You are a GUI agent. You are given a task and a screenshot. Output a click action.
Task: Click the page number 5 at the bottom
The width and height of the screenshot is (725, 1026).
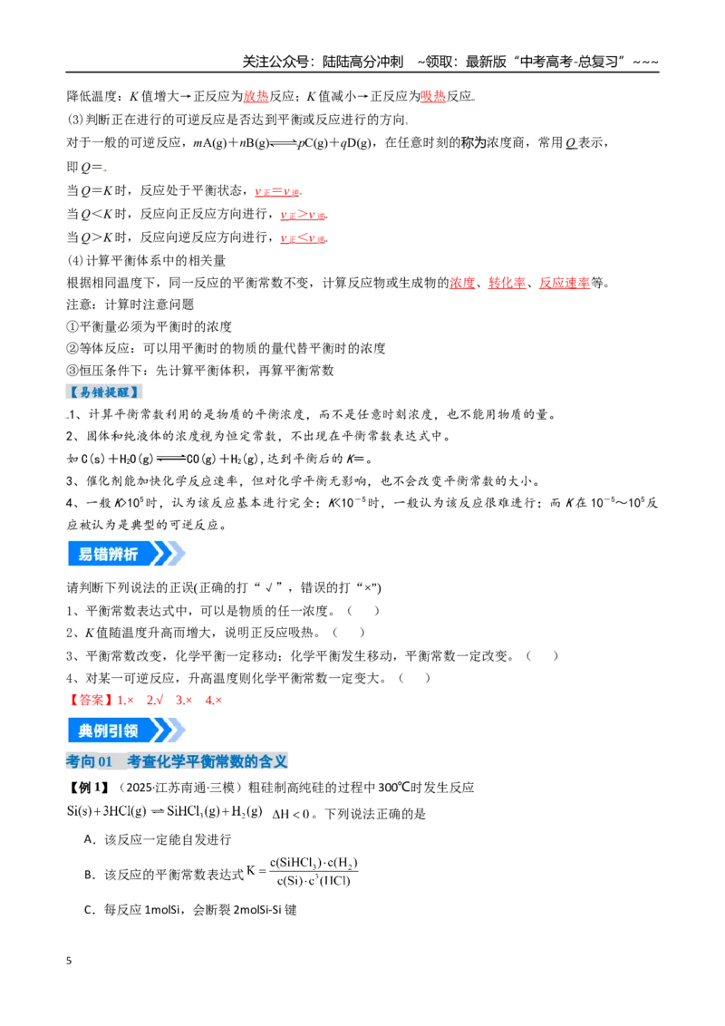tap(69, 961)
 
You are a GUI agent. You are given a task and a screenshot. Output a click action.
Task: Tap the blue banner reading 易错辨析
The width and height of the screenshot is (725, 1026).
tap(126, 554)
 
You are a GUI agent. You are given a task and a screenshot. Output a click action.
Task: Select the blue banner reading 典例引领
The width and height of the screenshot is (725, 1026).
tap(126, 731)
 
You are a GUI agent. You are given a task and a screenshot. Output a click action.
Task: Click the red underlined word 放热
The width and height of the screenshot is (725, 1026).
tap(256, 96)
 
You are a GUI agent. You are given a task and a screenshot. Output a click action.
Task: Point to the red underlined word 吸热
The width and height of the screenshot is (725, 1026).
tap(433, 96)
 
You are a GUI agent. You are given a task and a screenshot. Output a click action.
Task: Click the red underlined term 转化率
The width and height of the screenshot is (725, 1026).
tap(507, 283)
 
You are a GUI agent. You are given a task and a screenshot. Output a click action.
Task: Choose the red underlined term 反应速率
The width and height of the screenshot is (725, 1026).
tap(564, 283)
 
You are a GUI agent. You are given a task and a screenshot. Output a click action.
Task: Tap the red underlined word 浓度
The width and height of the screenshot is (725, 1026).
tap(462, 283)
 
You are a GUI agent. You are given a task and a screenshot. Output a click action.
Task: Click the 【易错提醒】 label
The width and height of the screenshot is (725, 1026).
tap(104, 392)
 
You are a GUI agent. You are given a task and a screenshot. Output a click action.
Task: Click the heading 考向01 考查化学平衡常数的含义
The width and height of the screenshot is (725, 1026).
tap(177, 761)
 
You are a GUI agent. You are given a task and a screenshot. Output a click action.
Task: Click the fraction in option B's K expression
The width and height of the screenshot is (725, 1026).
tap(314, 872)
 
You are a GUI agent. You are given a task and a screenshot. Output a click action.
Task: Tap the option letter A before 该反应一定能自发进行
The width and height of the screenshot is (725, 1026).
tap(90, 839)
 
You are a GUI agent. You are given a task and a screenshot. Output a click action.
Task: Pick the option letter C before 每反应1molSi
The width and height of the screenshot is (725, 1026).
tap(90, 909)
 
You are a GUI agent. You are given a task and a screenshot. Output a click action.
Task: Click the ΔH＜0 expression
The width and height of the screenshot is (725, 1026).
tap(291, 814)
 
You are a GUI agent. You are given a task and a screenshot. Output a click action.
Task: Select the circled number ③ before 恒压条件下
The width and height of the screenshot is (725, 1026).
tap(72, 371)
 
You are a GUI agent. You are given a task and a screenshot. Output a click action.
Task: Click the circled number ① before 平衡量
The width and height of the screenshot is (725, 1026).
tap(72, 326)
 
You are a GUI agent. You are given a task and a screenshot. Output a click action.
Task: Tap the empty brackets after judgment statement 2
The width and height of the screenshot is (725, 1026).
tap(349, 633)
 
